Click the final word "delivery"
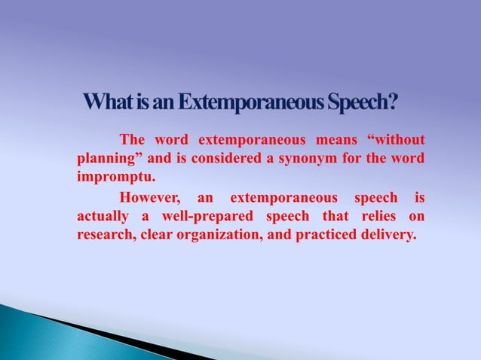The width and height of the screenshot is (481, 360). tap(391, 235)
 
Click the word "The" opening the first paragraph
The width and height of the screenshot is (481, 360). tap(133, 141)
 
